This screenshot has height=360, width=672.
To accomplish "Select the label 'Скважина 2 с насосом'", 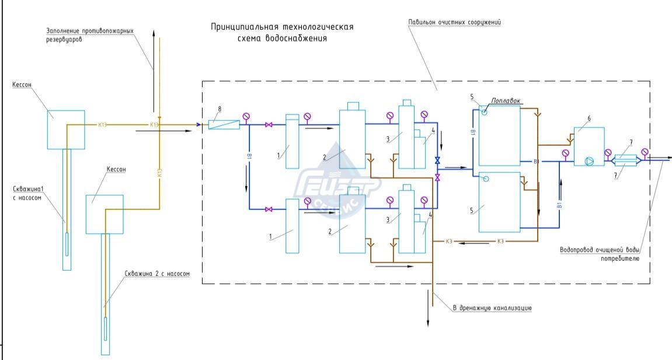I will pyautogui.click(x=157, y=274).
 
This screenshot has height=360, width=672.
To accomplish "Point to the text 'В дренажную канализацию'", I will pyautogui.click(x=492, y=307).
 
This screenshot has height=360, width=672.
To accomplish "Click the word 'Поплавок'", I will pyautogui.click(x=506, y=100).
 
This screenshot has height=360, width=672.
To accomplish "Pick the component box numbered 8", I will pyautogui.click(x=224, y=124).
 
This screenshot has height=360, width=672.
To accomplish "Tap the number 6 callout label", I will pyautogui.click(x=589, y=118).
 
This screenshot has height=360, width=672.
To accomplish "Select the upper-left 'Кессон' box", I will pyautogui.click(x=66, y=129).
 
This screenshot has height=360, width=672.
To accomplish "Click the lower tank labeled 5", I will pyautogui.click(x=499, y=202).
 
